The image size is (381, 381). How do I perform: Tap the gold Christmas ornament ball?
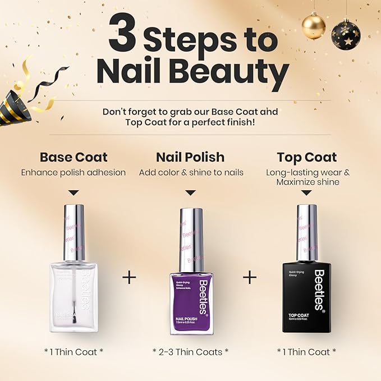(313, 26)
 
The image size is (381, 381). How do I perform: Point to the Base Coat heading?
(74, 157)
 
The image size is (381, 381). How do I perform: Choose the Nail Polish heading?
(191, 157)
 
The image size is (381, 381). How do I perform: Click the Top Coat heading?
(307, 157)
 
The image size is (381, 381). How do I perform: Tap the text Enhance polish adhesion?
(74, 172)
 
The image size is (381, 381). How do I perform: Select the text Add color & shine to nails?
(191, 172)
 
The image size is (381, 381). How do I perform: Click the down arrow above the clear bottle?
(74, 192)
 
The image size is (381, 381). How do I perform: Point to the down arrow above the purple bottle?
(191, 192)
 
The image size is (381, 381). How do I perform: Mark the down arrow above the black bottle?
(306, 192)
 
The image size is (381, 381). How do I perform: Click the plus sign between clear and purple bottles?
(130, 277)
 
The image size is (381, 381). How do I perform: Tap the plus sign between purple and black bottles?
(250, 277)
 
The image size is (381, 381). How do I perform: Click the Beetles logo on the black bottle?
(319, 290)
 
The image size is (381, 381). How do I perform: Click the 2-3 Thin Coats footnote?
(191, 351)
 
